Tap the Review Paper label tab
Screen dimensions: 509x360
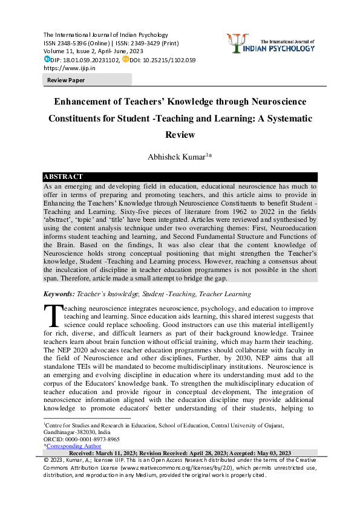tap(67, 80)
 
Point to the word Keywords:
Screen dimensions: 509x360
tap(59, 294)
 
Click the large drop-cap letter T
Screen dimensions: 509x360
tap(53, 316)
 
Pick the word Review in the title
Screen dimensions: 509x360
tap(180, 135)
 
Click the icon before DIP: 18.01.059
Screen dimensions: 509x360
tap(47, 60)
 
